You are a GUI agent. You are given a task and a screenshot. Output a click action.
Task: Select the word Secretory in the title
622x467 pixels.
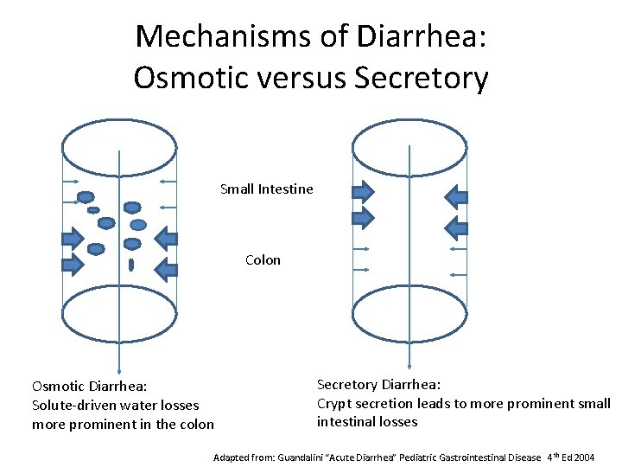point(422,78)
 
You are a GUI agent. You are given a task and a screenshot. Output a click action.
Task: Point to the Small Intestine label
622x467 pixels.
point(266,189)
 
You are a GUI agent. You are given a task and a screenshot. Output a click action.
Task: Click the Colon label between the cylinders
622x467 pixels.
point(263,259)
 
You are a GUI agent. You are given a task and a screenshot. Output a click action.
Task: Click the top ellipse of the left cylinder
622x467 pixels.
point(119,146)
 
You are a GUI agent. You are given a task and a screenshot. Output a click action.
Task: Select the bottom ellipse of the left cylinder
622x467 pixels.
point(119,316)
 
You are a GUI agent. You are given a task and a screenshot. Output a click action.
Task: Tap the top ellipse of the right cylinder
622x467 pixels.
point(409,146)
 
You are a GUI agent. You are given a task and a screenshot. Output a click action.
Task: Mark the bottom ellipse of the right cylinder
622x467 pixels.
point(409,316)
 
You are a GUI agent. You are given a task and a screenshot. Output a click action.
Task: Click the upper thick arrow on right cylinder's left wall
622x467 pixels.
point(362,191)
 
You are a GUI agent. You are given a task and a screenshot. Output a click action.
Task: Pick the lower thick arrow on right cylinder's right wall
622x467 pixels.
point(455,228)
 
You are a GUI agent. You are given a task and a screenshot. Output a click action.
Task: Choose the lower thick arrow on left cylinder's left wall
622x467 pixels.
point(73,261)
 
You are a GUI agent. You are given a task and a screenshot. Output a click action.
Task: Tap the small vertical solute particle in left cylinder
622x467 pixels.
point(130,264)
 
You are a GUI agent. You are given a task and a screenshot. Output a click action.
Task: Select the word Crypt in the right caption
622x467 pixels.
point(334,403)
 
